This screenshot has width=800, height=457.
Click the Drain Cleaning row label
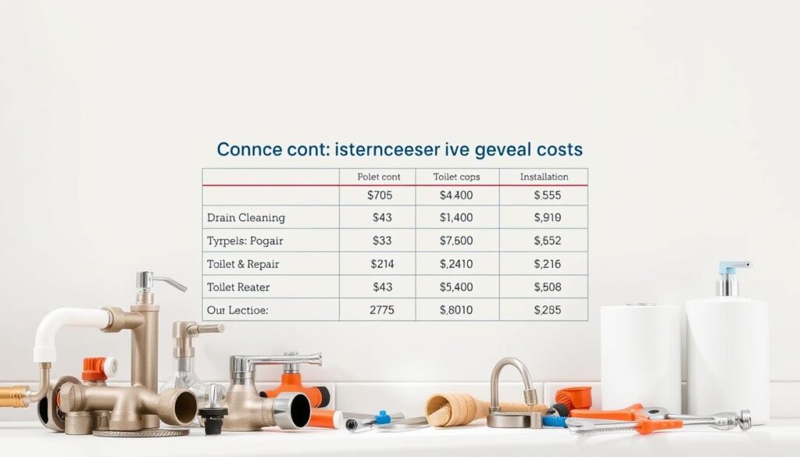click(246, 218)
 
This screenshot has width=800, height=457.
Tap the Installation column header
click(544, 177)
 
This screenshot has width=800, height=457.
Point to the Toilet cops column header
click(456, 177)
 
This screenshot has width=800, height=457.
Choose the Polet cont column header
click(379, 177)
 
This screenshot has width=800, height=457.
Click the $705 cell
click(380, 196)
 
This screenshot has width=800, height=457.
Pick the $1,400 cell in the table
click(457, 218)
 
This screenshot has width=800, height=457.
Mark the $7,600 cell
click(457, 241)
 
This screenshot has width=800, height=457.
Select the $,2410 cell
click(457, 264)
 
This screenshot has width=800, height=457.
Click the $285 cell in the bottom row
click(547, 310)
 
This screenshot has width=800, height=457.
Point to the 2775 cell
click(380, 310)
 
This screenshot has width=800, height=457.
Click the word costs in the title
click(556, 149)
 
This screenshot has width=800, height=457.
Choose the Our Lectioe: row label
click(237, 310)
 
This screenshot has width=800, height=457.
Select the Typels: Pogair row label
click(246, 241)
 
